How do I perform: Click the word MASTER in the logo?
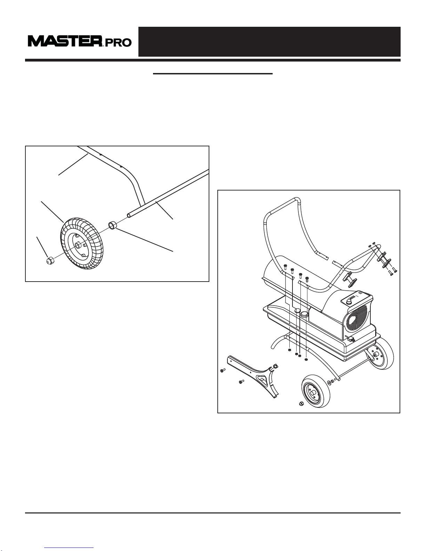pos(65,41)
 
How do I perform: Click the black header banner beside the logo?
pos(269,42)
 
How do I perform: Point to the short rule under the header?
pos(213,74)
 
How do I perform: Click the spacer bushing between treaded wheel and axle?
pos(113,225)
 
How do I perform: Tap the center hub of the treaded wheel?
pos(78,245)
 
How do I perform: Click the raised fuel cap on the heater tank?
pos(304,314)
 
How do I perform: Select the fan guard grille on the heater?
pos(357,320)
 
